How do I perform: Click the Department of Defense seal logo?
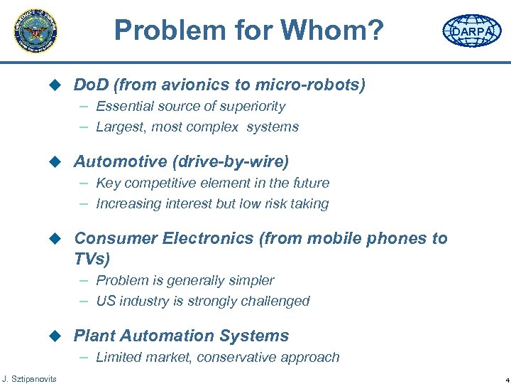(x=35, y=31)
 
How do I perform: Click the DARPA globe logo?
(x=471, y=31)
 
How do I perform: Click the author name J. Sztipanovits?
(x=29, y=377)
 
